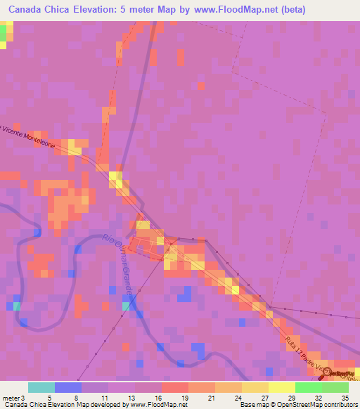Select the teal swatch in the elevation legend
[41, 387]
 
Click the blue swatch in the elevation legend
[67, 387]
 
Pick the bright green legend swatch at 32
[308, 387]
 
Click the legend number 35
[345, 397]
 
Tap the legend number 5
[49, 397]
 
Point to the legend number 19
[184, 397]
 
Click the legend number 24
[237, 397]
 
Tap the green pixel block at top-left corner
[4, 32]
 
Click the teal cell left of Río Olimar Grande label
[125, 305]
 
